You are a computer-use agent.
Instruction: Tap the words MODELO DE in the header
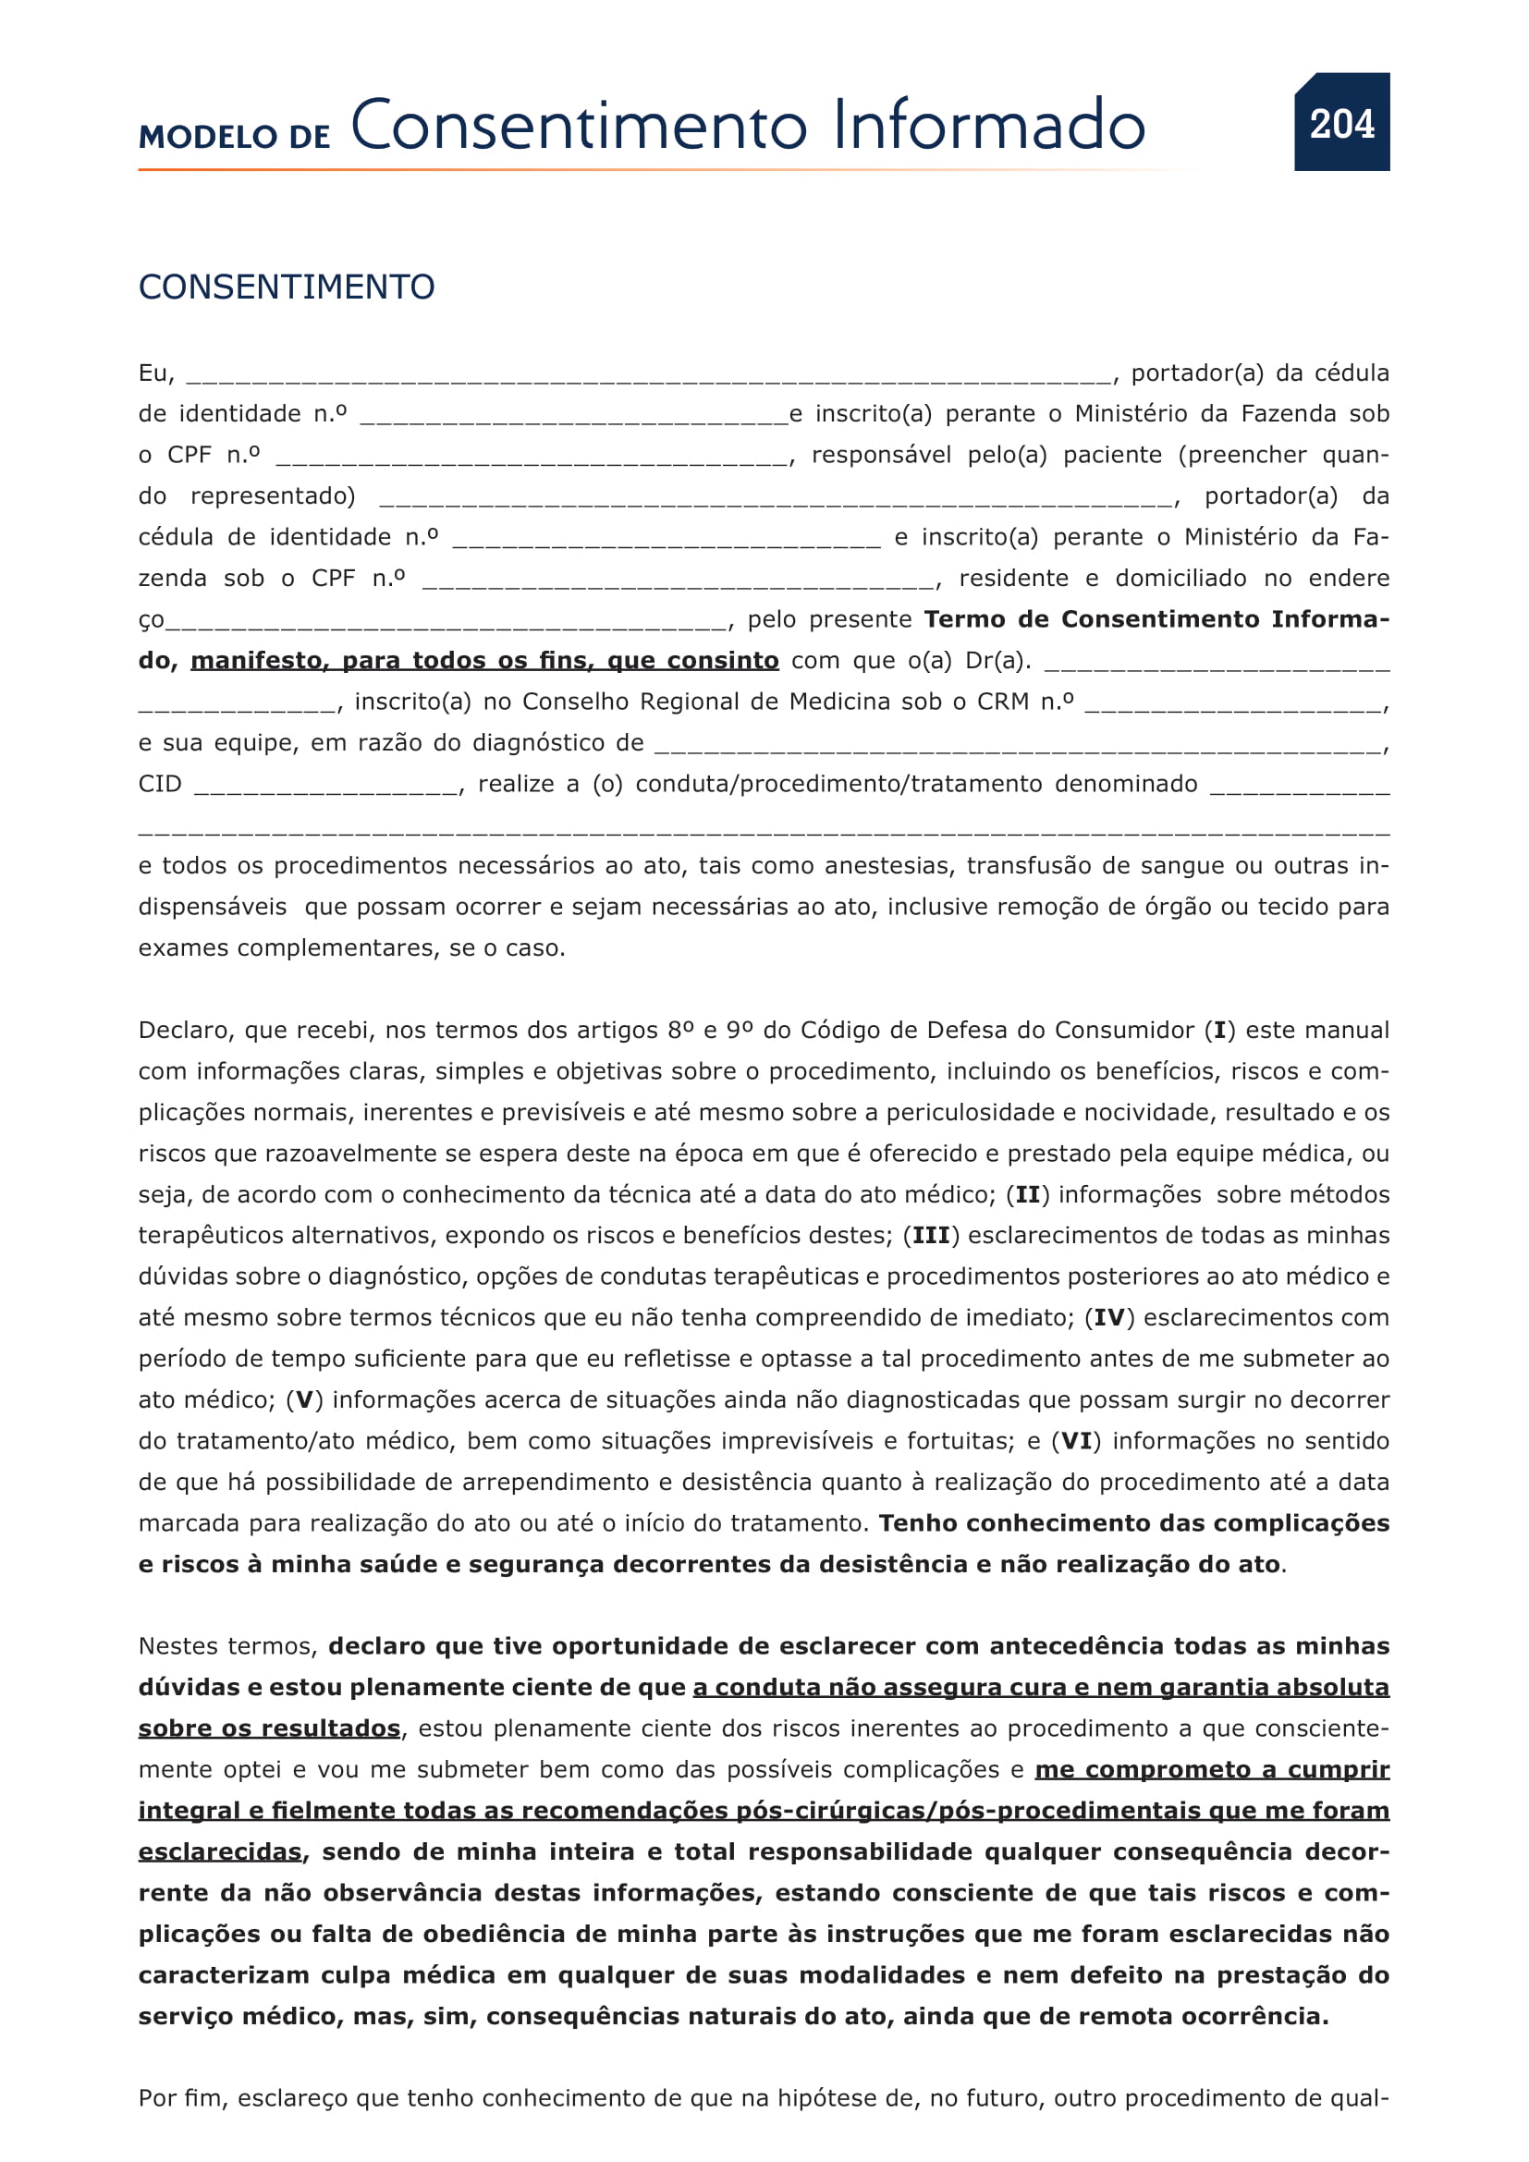235,138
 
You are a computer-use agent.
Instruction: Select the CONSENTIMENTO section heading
287,287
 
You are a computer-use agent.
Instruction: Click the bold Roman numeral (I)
1219,1030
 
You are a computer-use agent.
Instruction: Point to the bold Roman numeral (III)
931,1236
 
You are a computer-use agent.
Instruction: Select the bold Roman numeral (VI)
1076,1442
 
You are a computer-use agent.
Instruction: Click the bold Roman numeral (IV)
1109,1317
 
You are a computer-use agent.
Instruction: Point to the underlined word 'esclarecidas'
219,1852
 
